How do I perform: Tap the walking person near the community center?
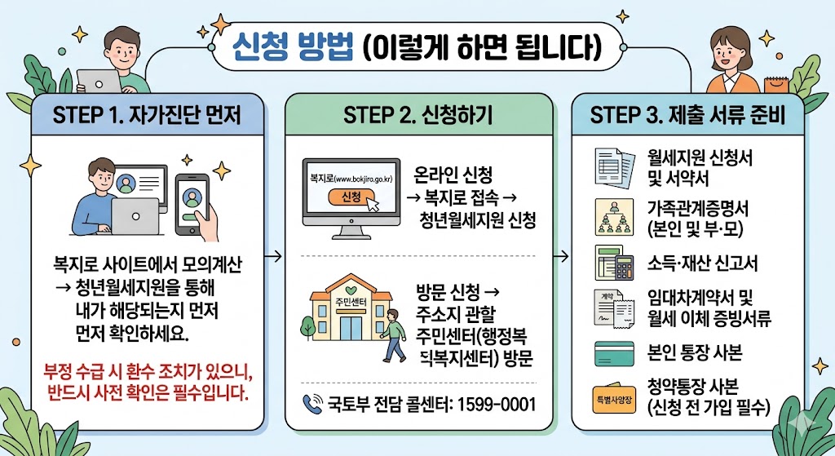point(395,334)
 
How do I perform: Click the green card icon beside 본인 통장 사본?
point(614,354)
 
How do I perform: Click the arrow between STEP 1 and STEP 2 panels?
point(274,258)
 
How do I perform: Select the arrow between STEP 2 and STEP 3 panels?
point(561,258)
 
